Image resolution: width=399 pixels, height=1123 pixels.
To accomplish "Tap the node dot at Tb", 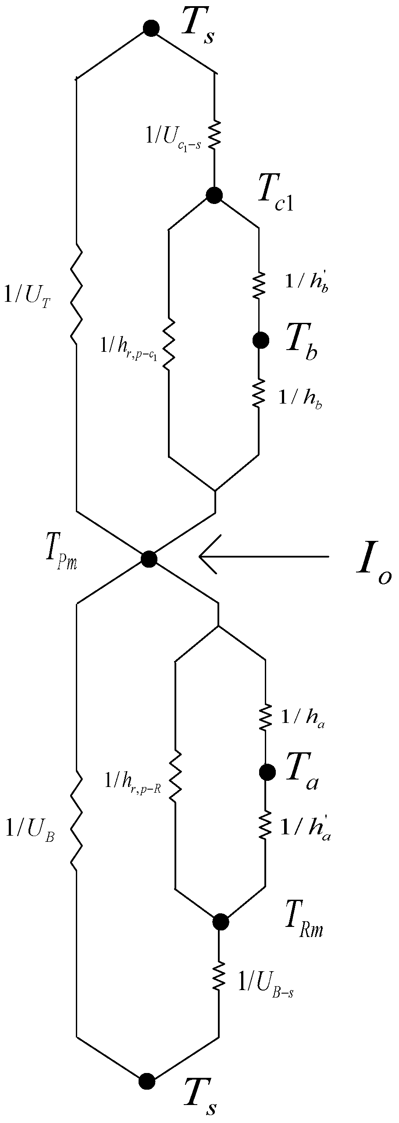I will [x=261, y=340].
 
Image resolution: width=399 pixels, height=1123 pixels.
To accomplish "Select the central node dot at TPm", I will [x=149, y=559].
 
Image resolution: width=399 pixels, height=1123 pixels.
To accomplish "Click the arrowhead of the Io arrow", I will [x=204, y=557].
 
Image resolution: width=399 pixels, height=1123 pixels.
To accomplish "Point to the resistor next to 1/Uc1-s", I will [x=214, y=135].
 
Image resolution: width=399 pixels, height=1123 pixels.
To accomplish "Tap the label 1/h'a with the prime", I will [x=305, y=829].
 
